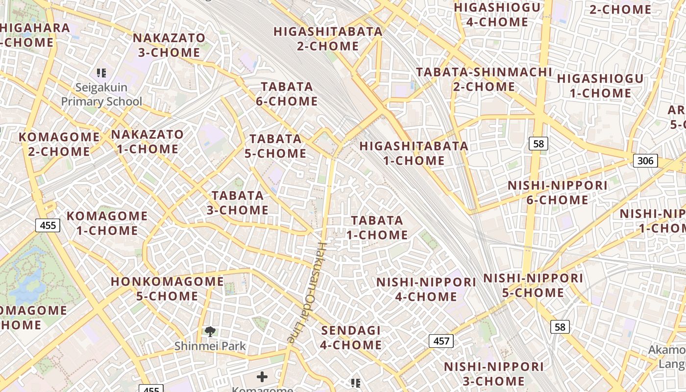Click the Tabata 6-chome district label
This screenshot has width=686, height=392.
point(287,94)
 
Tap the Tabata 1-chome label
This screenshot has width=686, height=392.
point(377,228)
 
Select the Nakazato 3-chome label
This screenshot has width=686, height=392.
point(169,45)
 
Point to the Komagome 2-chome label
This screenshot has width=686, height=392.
point(59,144)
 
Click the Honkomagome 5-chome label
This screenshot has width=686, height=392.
point(167,289)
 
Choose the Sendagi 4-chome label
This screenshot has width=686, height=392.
point(351,338)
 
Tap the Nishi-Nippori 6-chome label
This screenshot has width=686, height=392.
point(557,193)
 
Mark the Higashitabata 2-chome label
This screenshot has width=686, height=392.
point(328,39)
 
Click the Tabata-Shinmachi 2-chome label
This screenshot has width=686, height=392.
point(484,79)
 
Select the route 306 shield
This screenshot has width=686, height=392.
point(645,161)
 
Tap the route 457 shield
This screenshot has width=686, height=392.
point(441,341)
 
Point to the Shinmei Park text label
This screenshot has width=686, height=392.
point(210,346)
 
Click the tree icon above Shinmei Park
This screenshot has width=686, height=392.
point(210,332)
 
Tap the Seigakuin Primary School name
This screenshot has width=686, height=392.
point(101,95)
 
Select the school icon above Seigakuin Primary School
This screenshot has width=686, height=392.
point(101,73)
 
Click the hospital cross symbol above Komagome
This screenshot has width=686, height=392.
point(262,376)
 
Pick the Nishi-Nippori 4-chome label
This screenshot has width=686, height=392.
point(426,289)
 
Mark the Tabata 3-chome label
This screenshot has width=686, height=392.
point(238,203)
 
